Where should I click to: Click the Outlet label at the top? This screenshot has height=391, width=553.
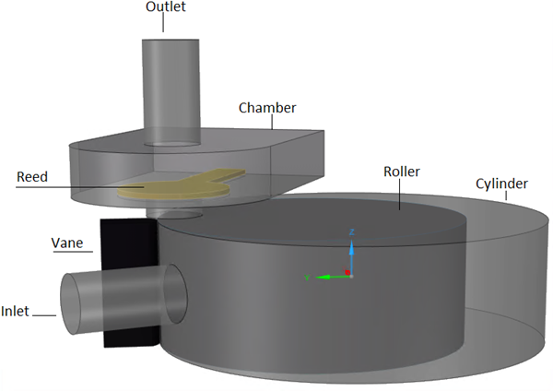click(166, 7)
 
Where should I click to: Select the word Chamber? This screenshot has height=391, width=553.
click(267, 108)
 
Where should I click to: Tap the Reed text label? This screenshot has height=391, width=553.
click(34, 176)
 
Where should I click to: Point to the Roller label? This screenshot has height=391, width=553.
click(403, 172)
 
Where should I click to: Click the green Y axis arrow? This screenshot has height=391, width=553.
click(323, 276)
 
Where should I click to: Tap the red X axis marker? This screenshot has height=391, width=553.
click(346, 272)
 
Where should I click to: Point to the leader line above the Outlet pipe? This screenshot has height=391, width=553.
click(166, 24)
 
